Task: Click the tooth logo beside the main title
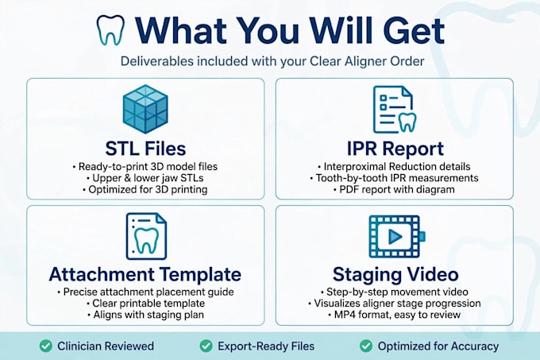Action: (110, 30)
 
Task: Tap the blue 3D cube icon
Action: (145, 109)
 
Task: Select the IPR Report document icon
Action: (395, 110)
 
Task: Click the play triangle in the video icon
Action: (395, 236)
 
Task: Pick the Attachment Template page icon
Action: (146, 236)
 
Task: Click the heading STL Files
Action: (145, 149)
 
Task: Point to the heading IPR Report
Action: (395, 149)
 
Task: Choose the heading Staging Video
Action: (395, 274)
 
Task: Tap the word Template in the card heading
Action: (200, 274)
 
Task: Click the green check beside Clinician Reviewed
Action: (46, 346)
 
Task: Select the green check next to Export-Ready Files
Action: (206, 346)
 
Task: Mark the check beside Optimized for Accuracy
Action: (366, 346)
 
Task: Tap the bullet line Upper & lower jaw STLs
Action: (145, 178)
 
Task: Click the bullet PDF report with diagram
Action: (394, 189)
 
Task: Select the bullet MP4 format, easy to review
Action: (394, 315)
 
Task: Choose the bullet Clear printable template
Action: (145, 303)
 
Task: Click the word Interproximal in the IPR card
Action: (354, 167)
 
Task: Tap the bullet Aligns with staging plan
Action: (145, 315)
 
